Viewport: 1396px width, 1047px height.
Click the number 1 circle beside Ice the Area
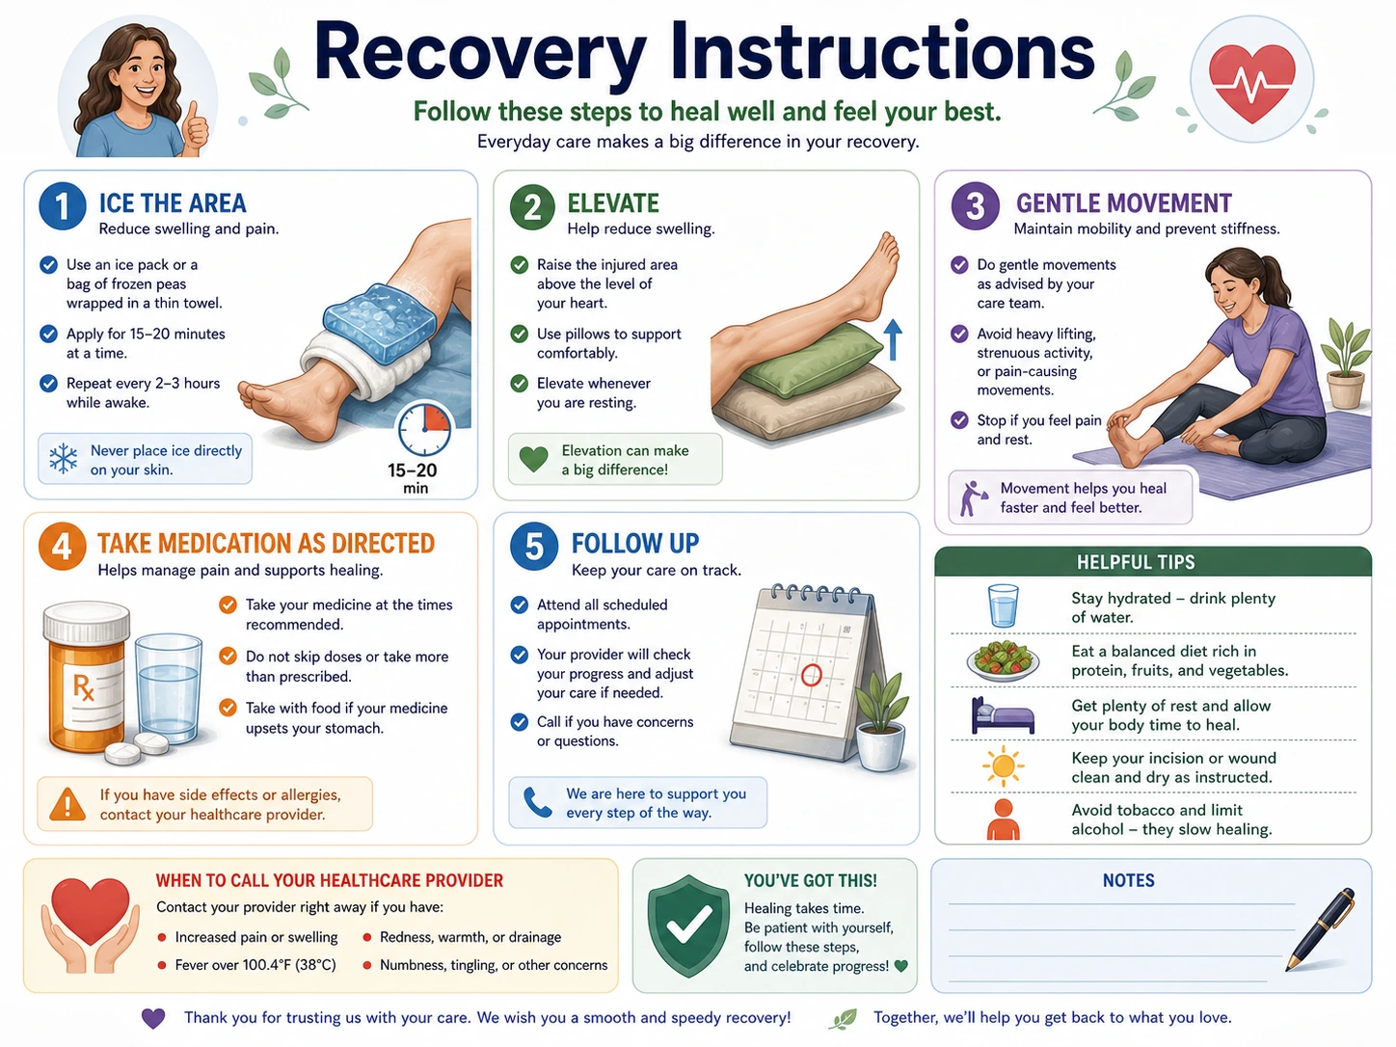click(x=63, y=206)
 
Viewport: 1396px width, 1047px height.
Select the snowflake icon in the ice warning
click(x=64, y=458)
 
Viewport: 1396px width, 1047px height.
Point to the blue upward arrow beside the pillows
click(x=893, y=339)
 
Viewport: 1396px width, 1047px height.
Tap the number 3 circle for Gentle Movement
click(x=975, y=206)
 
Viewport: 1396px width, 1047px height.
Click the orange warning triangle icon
click(x=67, y=804)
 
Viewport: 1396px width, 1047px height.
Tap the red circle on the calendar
click(x=811, y=675)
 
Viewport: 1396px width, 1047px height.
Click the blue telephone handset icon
click(x=537, y=802)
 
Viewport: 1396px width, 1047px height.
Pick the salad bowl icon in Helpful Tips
click(x=1003, y=660)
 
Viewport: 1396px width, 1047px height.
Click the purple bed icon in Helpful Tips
click(x=1003, y=715)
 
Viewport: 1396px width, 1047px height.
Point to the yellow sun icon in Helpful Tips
click(x=1003, y=766)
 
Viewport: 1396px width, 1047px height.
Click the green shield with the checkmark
click(x=688, y=926)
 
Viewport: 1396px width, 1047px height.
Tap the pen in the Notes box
click(x=1320, y=928)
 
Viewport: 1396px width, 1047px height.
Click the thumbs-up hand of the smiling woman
click(x=196, y=127)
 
